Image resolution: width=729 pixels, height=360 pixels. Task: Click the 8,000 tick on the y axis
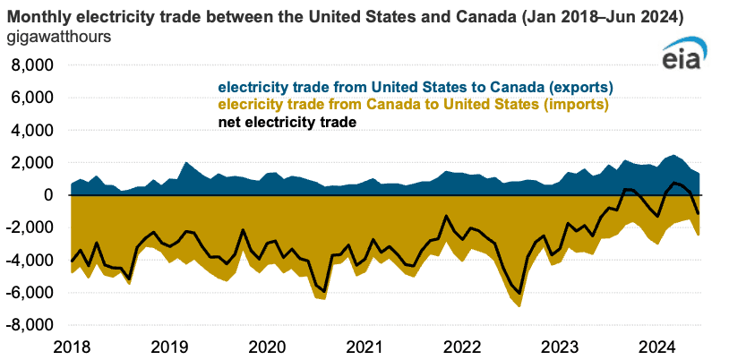[30, 65]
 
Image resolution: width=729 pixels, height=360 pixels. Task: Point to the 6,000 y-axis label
[30, 98]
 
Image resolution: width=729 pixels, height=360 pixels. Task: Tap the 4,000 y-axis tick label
[30, 131]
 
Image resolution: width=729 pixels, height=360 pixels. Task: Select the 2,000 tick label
[30, 163]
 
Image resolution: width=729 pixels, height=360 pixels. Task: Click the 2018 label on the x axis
[71, 347]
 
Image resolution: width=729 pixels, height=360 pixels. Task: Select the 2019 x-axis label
[169, 347]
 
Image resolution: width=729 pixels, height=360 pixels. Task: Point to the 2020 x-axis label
[267, 347]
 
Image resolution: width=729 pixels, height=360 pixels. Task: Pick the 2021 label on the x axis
[365, 347]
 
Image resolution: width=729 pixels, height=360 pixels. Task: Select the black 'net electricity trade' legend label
[288, 123]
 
